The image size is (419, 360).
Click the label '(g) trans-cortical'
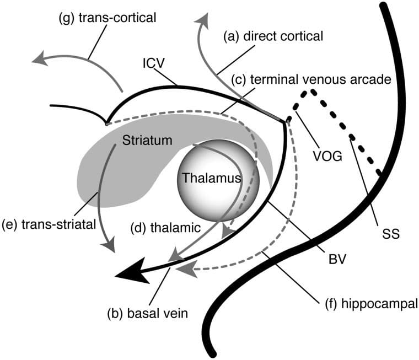107,18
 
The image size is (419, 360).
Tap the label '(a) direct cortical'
272,36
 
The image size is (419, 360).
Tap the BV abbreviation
335,259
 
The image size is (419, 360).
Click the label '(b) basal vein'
148,314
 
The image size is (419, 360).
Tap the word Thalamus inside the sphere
211,178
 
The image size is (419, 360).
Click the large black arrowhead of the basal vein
132,273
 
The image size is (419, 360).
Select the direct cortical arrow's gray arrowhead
202,23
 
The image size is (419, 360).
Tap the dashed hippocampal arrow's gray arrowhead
186,269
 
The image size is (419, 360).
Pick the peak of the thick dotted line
312,90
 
